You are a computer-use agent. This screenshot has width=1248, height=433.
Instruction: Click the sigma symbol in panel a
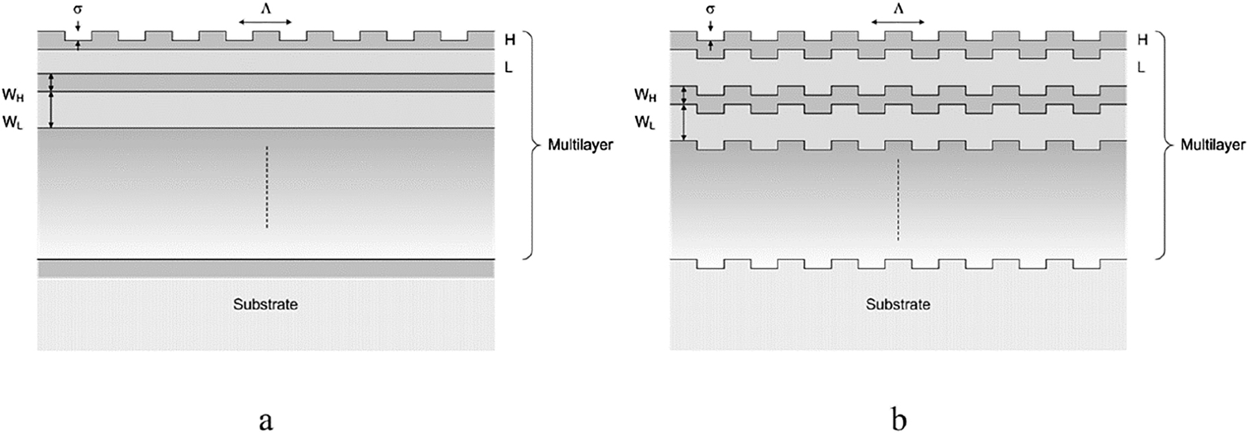coord(78,10)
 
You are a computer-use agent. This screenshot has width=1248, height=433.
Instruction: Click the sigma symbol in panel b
coord(710,10)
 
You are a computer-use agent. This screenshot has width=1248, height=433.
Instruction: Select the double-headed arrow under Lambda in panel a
coord(266,22)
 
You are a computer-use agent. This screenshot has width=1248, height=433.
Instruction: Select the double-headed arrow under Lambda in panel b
coord(898,22)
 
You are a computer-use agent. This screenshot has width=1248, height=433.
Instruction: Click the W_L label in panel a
coord(13,122)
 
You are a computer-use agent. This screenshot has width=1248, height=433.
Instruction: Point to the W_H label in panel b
coord(645,95)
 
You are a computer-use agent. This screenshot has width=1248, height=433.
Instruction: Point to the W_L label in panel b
coord(645,122)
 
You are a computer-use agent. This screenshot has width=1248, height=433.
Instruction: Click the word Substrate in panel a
coord(265,304)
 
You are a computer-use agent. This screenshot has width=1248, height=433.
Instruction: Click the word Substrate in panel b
coord(897,304)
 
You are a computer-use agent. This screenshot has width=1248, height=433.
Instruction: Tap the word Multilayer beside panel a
coord(580,145)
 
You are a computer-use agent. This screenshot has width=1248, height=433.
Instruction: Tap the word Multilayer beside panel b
coord(1212,145)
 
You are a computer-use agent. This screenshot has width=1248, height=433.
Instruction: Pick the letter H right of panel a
coord(510,40)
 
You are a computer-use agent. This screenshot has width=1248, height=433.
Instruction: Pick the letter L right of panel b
coord(1141,67)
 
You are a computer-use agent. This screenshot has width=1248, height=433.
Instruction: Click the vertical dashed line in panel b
coord(898,199)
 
